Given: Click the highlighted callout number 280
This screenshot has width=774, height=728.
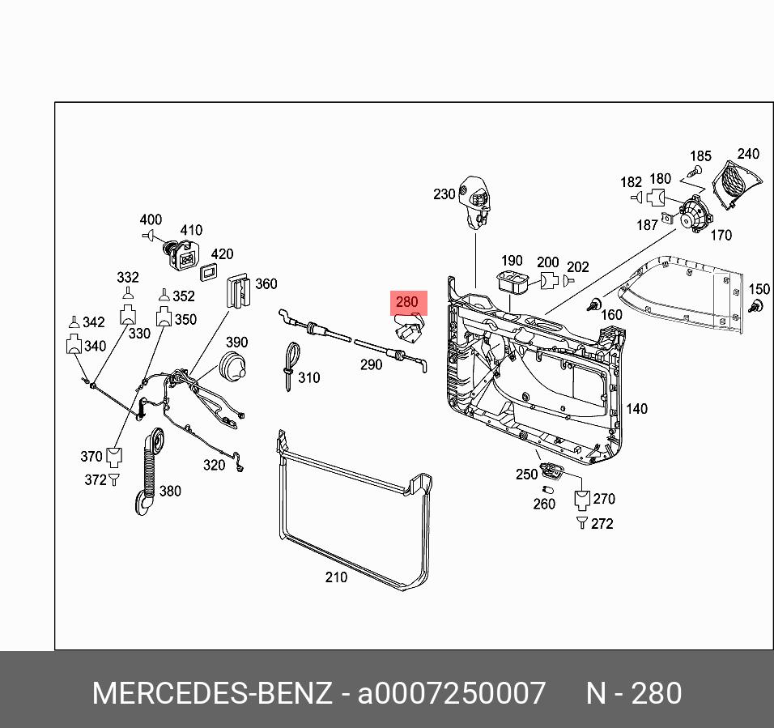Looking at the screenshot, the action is point(406,303).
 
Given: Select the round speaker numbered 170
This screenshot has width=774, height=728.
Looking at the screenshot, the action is point(693,214).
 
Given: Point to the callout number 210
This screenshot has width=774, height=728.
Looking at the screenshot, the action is point(336,577).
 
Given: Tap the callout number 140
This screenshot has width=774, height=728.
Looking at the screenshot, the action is point(637,409).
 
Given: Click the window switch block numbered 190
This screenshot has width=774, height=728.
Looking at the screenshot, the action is point(512,283).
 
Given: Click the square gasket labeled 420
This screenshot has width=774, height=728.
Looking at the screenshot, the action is point(210,271).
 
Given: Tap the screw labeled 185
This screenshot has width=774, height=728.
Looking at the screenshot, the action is point(693,172).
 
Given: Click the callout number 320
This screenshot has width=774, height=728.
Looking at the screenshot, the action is point(214,465).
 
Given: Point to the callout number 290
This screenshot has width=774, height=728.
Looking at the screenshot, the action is point(371,365).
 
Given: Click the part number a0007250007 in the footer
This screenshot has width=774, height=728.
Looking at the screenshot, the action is point(452,694).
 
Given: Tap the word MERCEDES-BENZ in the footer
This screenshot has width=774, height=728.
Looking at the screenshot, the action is point(211,694).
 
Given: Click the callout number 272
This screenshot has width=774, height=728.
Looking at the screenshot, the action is point(602,524).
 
